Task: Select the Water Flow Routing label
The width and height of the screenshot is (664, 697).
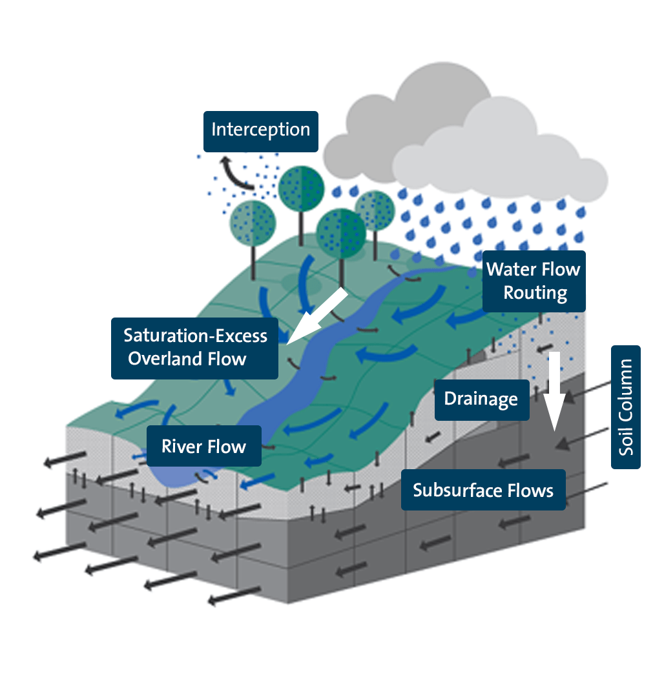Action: click(534, 281)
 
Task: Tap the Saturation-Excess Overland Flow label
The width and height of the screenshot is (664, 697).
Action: click(195, 348)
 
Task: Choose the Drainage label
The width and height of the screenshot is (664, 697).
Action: click(481, 399)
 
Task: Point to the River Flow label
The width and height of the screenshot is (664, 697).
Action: click(204, 446)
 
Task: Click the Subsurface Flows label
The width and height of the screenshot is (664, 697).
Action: click(483, 490)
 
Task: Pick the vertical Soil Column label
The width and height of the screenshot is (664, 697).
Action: click(626, 407)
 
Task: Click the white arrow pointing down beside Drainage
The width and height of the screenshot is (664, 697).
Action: click(554, 394)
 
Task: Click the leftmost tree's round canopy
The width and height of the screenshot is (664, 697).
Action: click(253, 223)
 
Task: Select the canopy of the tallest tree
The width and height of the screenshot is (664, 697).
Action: click(301, 188)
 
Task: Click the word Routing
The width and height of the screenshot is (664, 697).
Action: click(535, 293)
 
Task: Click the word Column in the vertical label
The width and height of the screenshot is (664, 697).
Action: click(626, 385)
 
